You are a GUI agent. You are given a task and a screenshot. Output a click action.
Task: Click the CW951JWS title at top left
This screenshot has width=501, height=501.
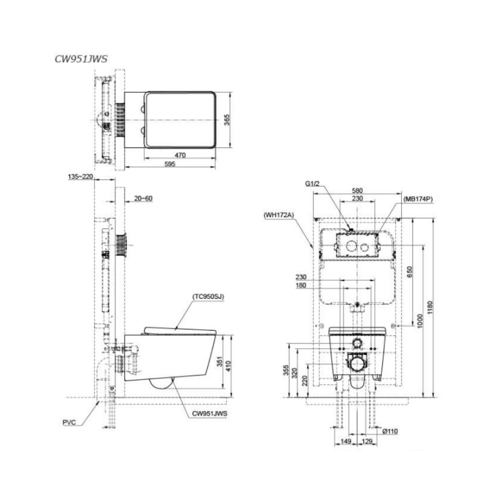click(81, 59)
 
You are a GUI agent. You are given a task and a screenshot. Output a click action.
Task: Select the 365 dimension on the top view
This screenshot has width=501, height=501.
click(226, 120)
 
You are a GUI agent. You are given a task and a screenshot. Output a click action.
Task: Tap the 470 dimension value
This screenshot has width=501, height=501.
click(180, 155)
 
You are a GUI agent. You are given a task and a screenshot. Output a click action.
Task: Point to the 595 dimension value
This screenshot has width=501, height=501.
click(170, 164)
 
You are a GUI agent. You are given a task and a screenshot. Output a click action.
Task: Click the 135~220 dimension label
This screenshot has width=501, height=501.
click(80, 176)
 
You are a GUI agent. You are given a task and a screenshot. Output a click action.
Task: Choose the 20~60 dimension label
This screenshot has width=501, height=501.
click(143, 199)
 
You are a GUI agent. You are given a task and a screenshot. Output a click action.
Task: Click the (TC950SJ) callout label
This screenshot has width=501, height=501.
click(208, 296)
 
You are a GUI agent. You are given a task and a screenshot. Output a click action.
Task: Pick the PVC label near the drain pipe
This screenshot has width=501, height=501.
click(69, 423)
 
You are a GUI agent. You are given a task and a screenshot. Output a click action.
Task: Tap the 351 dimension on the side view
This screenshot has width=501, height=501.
click(220, 361)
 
